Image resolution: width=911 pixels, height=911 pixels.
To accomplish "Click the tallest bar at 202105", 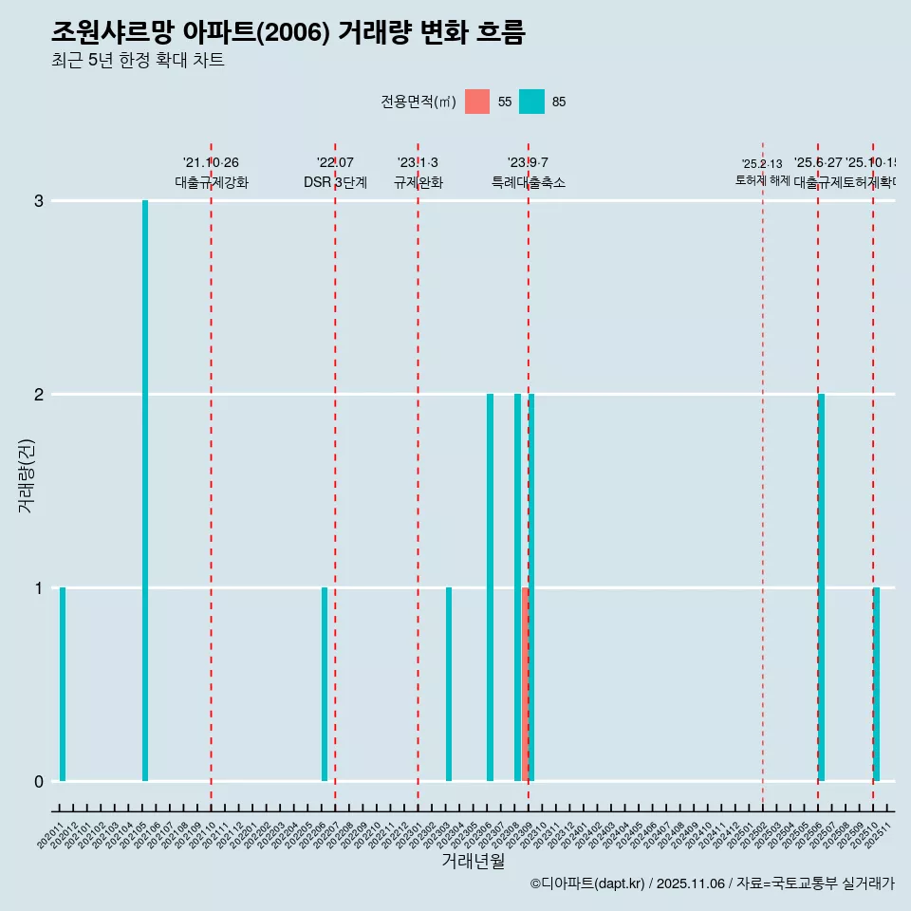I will click(x=145, y=491).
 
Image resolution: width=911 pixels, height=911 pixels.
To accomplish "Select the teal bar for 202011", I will click(x=63, y=684).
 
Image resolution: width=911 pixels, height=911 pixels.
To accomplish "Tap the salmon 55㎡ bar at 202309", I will click(x=525, y=684).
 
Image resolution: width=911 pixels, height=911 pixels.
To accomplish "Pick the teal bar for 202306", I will click(x=490, y=587).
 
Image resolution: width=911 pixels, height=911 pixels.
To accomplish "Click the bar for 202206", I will click(x=325, y=684).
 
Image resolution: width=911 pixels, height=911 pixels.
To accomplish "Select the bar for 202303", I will click(x=449, y=684).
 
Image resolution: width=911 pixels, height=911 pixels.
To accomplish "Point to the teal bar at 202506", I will click(x=822, y=587).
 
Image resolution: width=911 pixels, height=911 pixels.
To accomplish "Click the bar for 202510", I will click(x=877, y=684).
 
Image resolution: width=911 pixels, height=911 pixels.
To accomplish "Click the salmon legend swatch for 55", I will click(x=477, y=102).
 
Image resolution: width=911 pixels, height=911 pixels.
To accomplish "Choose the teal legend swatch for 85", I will click(x=531, y=102).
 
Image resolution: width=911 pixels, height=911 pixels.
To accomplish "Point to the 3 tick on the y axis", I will click(x=39, y=201).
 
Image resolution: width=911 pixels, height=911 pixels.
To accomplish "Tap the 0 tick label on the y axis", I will click(x=39, y=782).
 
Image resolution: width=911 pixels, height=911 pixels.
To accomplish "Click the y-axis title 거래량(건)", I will click(x=27, y=474).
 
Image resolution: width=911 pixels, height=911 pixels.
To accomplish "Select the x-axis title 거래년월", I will click(x=474, y=861).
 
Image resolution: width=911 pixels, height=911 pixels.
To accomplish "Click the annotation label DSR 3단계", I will click(x=335, y=182).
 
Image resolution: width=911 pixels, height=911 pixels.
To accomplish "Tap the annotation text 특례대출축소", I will click(x=528, y=182).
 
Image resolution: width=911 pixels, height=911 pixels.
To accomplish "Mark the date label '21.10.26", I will click(x=211, y=163).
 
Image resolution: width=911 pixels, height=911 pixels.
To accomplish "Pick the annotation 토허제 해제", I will click(x=762, y=180).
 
